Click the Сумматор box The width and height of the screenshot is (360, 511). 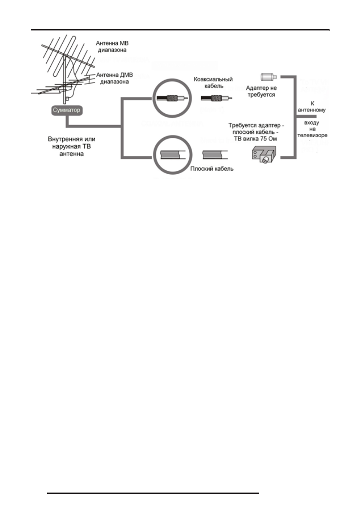coord(66,110)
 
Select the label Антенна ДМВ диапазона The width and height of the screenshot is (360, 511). coord(113,77)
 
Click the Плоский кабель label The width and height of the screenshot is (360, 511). coord(212,169)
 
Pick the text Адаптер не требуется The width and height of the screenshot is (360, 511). coord(261,91)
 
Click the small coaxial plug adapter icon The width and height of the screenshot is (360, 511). coord(268,77)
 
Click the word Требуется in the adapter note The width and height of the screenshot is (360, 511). coord(241,125)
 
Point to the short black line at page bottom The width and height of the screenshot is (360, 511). coord(153,493)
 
